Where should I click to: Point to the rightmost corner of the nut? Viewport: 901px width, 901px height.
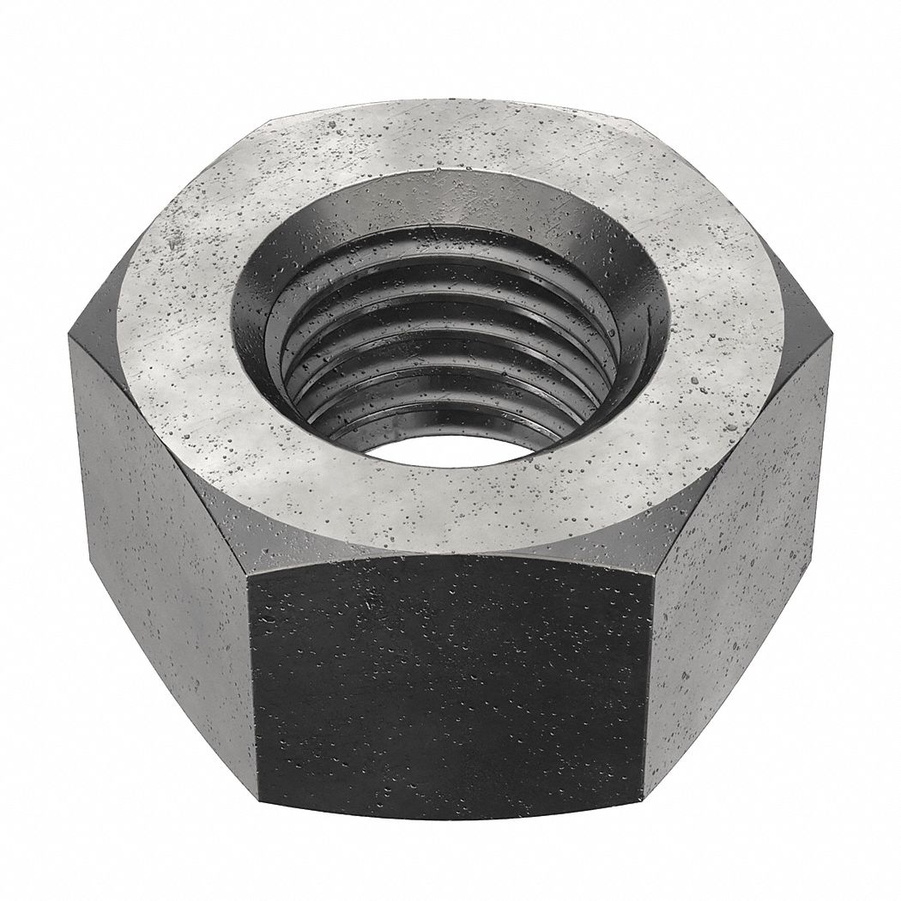[831, 343]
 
